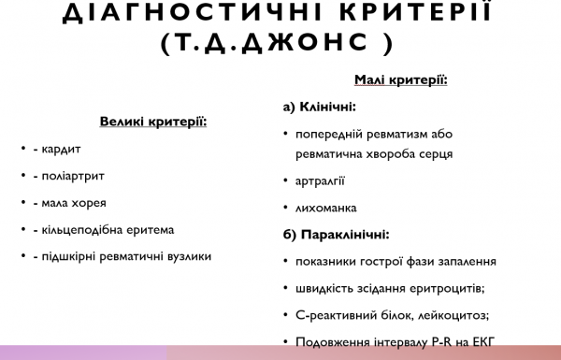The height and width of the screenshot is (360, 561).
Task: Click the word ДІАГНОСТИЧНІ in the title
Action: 173,14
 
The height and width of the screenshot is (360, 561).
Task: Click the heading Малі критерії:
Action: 401,80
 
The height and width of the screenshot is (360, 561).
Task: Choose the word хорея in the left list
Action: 87,202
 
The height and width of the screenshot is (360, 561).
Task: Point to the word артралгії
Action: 320,180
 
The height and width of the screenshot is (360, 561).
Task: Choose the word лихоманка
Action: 325,208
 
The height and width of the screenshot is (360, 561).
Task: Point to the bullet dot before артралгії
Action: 285,180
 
